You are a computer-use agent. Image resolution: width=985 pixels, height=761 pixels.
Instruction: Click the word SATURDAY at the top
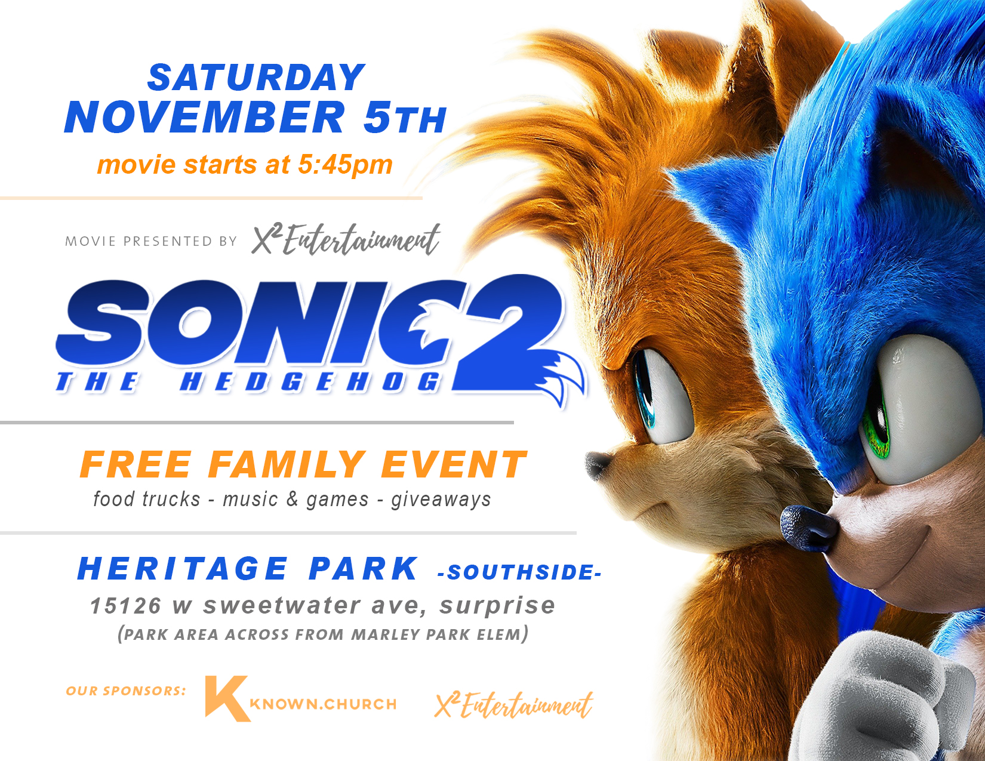coord(256,78)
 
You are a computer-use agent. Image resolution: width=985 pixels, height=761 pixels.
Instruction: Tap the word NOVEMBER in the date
coord(205,116)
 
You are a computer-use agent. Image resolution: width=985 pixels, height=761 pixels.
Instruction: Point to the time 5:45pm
coord(345,165)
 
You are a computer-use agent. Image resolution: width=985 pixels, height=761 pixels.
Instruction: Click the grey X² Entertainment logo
coord(346,239)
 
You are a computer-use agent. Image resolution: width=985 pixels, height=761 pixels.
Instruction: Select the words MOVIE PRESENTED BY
coord(151,241)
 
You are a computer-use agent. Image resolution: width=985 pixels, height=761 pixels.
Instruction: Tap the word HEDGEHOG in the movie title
coord(310,382)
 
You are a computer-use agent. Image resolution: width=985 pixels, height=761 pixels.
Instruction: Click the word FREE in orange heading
coord(136,464)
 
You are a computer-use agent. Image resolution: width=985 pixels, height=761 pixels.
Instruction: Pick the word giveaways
coord(441,500)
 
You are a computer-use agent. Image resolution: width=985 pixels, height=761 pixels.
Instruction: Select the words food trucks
coord(146,499)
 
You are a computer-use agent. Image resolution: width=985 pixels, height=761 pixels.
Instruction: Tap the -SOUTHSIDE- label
coord(519,572)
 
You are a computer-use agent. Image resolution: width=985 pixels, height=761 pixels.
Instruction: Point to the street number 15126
coord(125,606)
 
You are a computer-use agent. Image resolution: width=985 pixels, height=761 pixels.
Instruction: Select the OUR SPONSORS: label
coord(125,691)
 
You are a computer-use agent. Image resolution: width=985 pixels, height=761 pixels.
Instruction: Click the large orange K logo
coord(227,698)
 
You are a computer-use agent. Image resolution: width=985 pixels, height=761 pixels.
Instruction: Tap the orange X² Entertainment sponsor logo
coord(513,705)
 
